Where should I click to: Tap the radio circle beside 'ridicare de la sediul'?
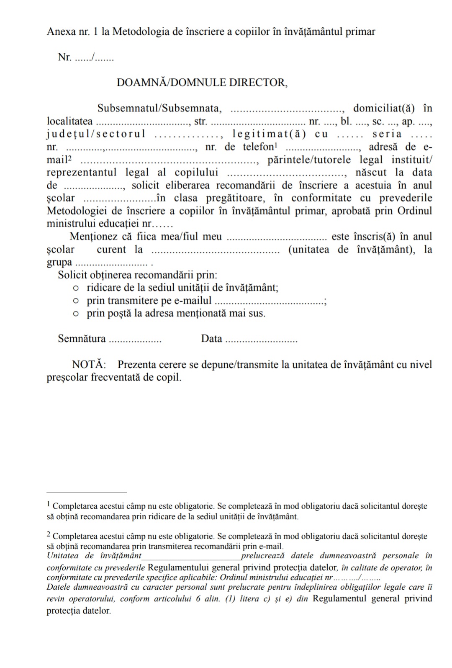[x=75, y=288]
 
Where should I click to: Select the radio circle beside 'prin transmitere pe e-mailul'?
[x=75, y=301]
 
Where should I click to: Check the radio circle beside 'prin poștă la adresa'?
[x=75, y=314]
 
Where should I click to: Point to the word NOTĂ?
[x=89, y=364]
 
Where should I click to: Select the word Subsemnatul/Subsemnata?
[x=159, y=108]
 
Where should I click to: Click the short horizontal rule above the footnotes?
[x=86, y=493]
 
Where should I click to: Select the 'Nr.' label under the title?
[x=64, y=57]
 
